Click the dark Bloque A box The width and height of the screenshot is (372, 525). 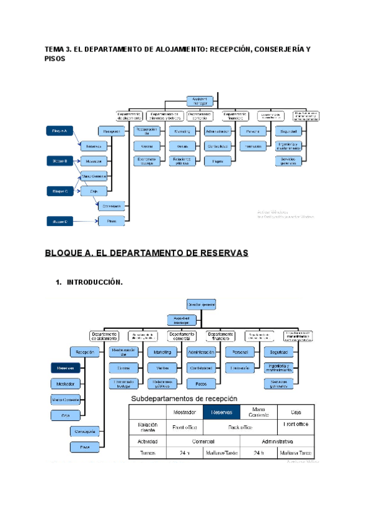61,131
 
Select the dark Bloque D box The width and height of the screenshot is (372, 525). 61,220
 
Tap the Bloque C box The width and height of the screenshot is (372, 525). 61,191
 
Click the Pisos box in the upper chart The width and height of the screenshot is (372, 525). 112,220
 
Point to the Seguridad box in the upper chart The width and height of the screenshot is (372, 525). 290,131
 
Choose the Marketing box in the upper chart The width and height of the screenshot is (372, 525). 182,131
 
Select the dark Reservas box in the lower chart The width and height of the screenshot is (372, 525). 65,368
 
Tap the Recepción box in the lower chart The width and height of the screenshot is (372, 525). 85,352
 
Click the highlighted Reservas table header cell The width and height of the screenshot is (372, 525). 221,412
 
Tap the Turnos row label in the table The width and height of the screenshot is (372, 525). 148,454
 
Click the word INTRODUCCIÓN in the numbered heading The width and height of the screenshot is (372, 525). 94,282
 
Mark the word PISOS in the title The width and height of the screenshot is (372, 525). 55,59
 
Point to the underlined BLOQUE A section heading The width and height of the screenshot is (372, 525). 146,253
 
